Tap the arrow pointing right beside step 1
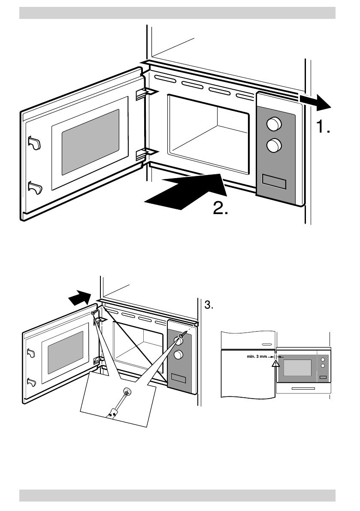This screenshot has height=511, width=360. tap(316, 101)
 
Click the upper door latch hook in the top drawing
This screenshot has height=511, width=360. tap(34, 143)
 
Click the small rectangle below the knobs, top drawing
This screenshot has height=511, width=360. tap(274, 181)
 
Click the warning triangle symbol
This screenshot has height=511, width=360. tap(275, 365)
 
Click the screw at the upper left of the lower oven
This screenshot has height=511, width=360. tap(94, 313)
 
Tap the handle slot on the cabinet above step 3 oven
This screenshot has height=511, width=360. tap(266, 344)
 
